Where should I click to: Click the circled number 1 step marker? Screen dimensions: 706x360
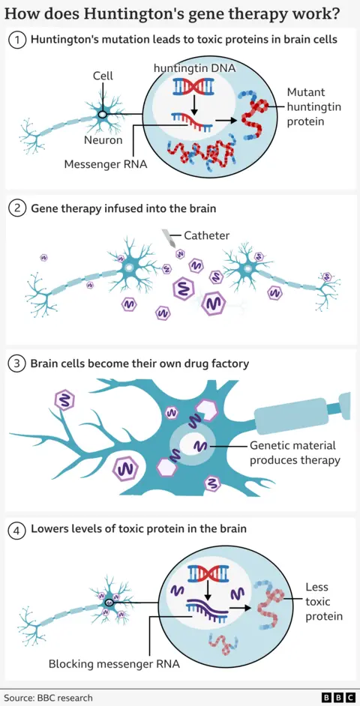[16, 39]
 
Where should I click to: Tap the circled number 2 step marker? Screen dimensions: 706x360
[16, 208]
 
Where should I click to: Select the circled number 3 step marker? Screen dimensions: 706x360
[16, 364]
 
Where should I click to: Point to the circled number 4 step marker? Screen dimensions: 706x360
[16, 530]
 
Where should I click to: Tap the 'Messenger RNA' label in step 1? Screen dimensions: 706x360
[106, 164]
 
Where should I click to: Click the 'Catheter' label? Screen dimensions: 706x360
[206, 235]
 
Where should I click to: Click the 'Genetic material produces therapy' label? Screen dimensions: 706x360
[295, 453]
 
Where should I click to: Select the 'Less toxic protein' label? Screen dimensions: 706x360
[323, 601]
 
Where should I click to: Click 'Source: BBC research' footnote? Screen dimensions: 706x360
[48, 698]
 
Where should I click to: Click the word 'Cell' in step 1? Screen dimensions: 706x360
[103, 76]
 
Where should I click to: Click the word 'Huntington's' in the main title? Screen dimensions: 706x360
[109, 13]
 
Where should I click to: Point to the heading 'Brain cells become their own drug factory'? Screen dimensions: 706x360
[139, 364]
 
